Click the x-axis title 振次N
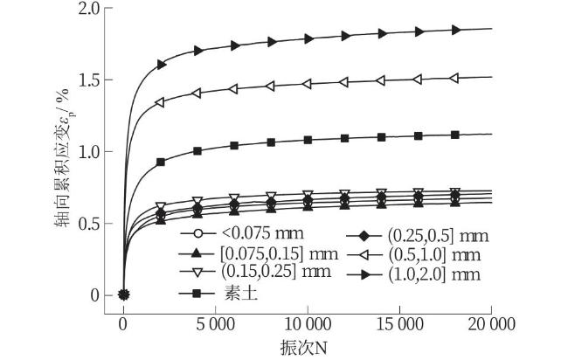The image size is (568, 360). coord(304,347)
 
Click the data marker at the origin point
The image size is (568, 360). coord(123,294)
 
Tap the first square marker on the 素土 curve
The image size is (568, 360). coord(160,163)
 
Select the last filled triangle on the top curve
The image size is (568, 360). coord(455,30)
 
